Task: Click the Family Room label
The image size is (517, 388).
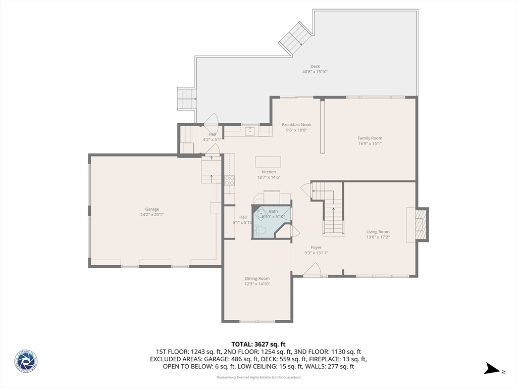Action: (x=370, y=138)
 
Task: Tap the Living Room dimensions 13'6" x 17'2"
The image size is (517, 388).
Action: (x=378, y=237)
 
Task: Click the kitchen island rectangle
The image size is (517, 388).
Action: (x=268, y=162)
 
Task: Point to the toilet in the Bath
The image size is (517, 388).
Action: (x=260, y=231)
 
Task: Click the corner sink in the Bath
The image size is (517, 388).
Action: (x=261, y=214)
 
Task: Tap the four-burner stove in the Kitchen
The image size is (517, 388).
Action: (x=229, y=180)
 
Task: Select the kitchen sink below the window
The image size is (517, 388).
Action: (x=249, y=131)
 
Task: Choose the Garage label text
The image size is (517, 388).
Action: (x=152, y=209)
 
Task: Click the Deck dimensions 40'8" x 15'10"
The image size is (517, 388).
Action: (x=315, y=72)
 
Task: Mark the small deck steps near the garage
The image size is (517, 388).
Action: (x=186, y=98)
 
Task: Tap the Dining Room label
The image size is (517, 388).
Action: (x=257, y=278)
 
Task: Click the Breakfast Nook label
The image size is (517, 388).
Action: (x=296, y=124)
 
